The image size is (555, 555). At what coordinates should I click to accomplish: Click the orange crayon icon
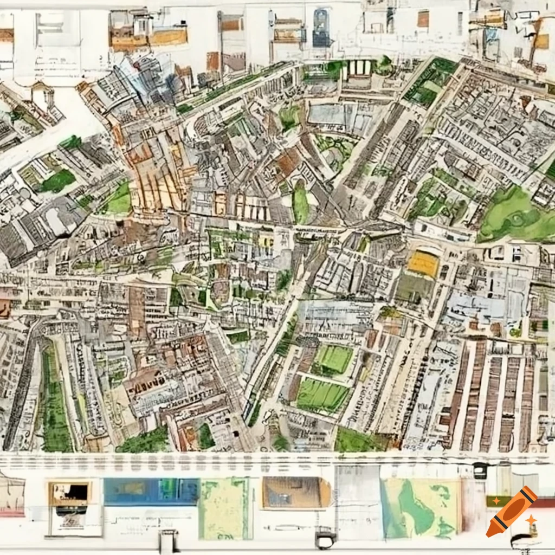click(x=511, y=512)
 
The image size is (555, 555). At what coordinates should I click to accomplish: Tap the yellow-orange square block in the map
click(x=423, y=264)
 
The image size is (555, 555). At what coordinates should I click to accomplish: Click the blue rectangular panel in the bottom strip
click(x=151, y=492)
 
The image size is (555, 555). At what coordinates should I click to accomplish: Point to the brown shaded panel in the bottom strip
click(x=295, y=493)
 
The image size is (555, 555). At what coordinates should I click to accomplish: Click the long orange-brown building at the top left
click(x=149, y=37)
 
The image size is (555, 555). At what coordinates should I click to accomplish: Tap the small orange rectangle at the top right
click(x=423, y=19)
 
